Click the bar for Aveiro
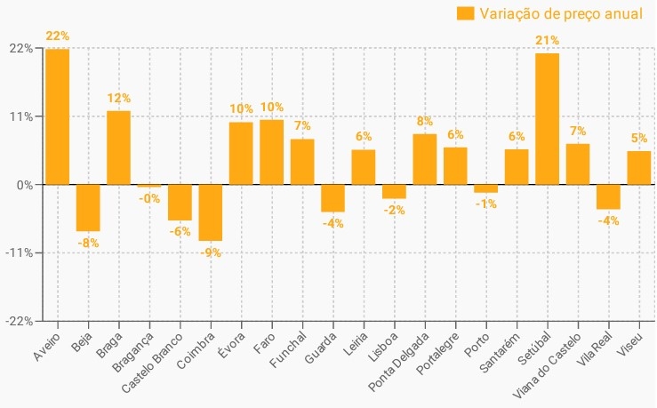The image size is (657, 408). [x=58, y=116]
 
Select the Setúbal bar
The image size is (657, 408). [x=548, y=119]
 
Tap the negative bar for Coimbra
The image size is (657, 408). [x=211, y=212]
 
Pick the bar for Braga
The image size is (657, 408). [x=119, y=148]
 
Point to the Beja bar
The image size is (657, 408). [x=88, y=207]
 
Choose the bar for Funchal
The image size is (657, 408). [x=302, y=162]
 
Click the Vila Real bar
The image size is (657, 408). [x=608, y=196]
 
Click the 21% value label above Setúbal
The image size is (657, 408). [x=548, y=40]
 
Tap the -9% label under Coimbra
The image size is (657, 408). [x=211, y=252]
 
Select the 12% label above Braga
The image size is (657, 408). [x=119, y=98]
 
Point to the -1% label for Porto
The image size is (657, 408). [x=485, y=204]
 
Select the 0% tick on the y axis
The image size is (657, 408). [x=26, y=185]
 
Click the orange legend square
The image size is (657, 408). [x=465, y=12]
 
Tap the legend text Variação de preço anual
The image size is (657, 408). [x=560, y=12]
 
